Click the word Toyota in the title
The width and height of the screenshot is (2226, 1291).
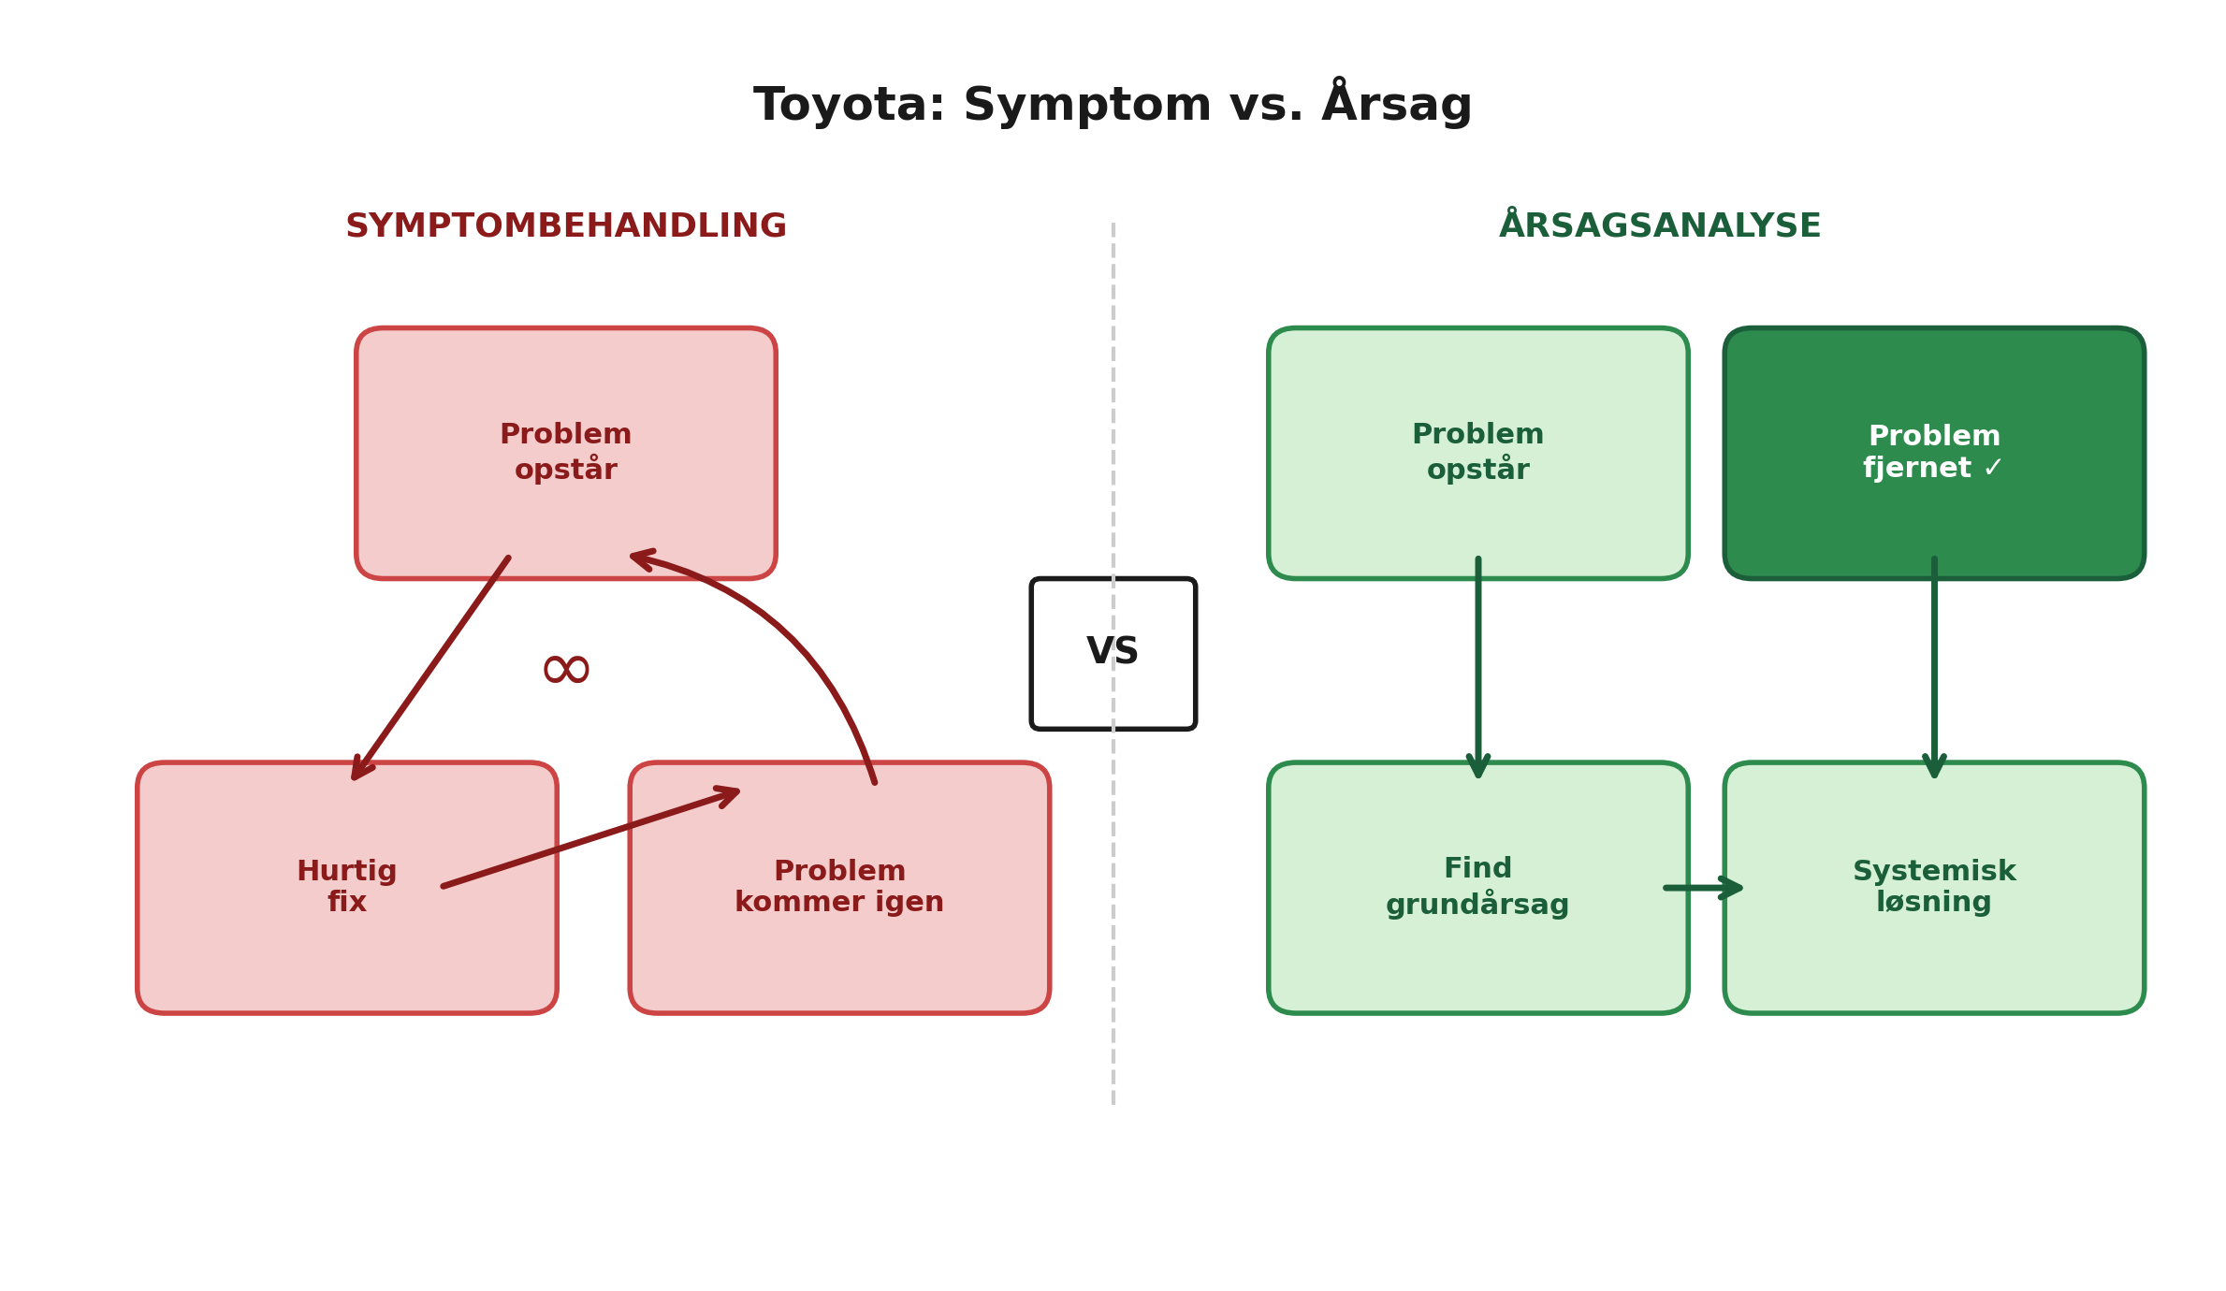848,105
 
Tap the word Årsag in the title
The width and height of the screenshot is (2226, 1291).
1396,105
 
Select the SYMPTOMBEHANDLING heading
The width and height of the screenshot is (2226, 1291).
565,226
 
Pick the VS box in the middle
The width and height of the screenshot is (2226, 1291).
1113,653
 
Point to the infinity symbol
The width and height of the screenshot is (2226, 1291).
566,670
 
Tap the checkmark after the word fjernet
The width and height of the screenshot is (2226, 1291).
1991,468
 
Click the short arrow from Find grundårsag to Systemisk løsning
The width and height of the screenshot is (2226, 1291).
1703,887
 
